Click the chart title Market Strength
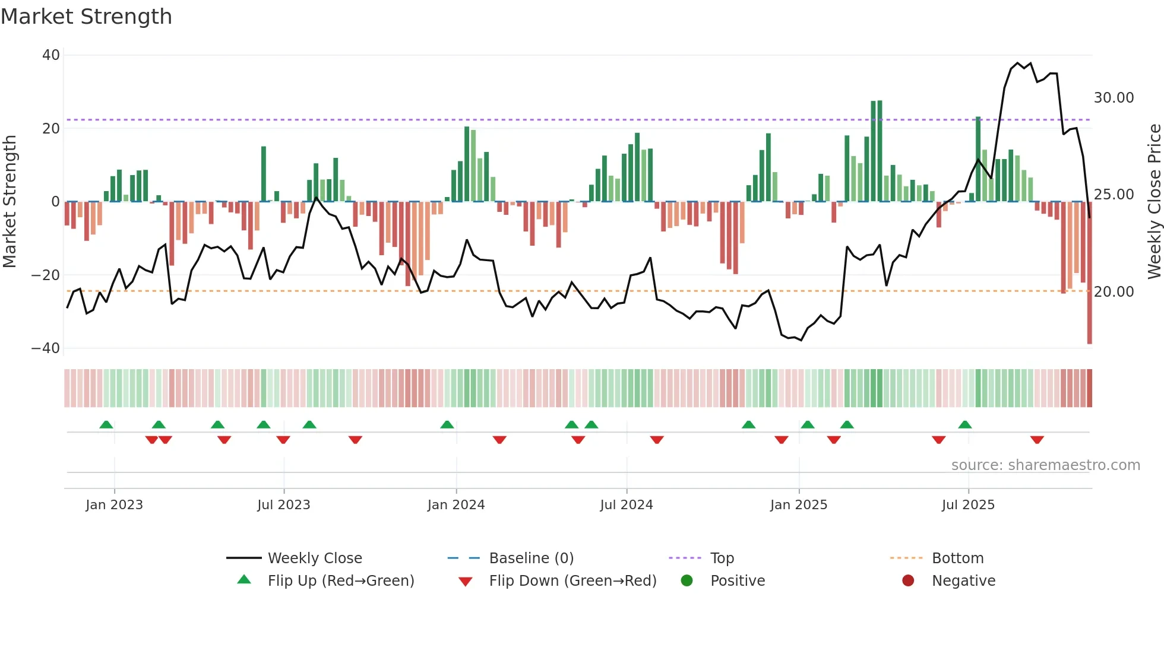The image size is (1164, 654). click(x=86, y=17)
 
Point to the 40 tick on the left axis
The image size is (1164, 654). click(x=51, y=55)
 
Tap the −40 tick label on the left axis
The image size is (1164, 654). click(x=46, y=348)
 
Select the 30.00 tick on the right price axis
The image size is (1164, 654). click(x=1114, y=98)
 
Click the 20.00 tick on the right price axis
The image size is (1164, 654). click(x=1114, y=292)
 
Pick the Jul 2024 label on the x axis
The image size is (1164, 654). click(x=626, y=505)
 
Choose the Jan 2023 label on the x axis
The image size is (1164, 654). click(x=114, y=505)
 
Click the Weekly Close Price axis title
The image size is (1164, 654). click(x=1154, y=202)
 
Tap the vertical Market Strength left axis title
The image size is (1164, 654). click(x=10, y=202)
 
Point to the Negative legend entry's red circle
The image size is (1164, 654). click(x=908, y=581)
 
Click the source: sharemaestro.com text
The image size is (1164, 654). click(x=1045, y=465)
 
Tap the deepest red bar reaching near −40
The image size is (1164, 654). click(x=1089, y=273)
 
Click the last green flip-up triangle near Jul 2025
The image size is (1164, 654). click(x=965, y=425)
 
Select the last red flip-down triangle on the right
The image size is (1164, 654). click(x=1037, y=440)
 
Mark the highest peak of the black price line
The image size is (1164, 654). click(x=1017, y=63)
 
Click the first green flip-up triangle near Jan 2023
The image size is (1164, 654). click(x=106, y=425)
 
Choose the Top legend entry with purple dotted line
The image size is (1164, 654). click(x=722, y=558)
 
